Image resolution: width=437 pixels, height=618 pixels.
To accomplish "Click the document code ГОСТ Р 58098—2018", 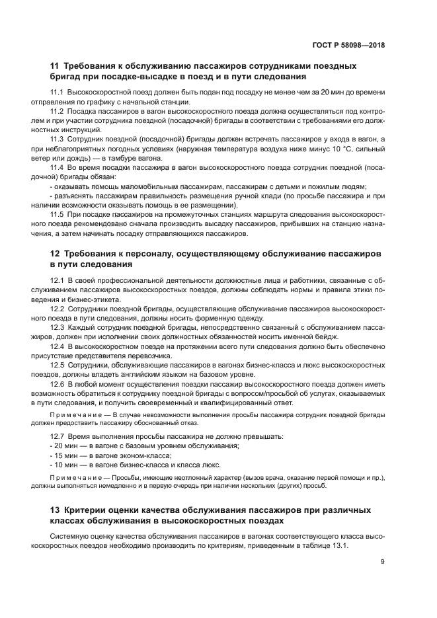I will point(348,46).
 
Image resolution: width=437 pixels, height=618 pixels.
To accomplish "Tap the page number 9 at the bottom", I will point(382,562).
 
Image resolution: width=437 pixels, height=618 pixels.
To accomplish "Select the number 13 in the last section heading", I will point(56,510).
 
